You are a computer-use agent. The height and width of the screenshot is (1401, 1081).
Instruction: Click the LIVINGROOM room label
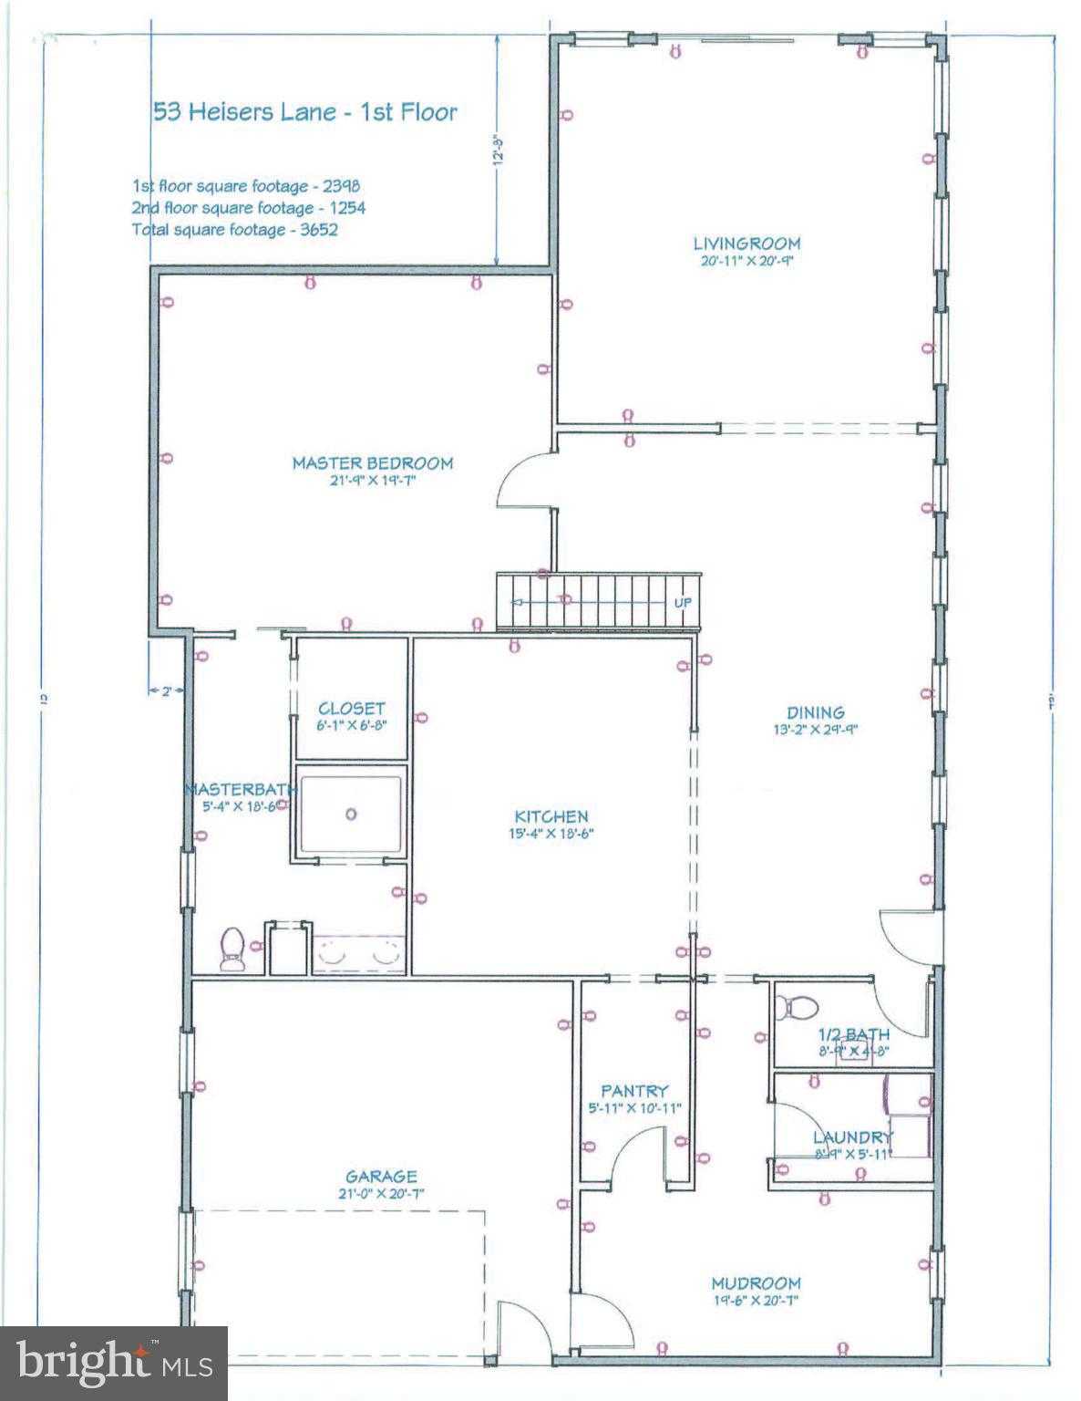746,244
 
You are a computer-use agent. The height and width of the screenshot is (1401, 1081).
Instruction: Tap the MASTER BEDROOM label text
372,463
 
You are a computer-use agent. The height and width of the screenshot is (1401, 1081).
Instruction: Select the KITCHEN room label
551,816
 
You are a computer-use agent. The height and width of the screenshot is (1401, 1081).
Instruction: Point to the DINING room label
816,712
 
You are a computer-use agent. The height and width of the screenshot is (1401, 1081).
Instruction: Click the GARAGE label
381,1177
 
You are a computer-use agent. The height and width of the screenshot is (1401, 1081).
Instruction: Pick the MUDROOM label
756,1283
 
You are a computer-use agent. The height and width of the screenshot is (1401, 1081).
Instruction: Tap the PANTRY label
634,1091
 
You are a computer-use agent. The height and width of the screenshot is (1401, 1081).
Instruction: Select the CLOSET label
351,709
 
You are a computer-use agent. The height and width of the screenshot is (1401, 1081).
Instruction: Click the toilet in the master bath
232,949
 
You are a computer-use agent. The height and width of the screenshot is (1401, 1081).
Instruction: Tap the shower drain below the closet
351,815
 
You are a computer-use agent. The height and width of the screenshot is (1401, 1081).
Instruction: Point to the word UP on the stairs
682,603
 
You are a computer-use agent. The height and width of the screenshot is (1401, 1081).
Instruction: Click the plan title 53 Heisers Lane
304,112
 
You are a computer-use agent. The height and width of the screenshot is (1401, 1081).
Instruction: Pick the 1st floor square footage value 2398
335,186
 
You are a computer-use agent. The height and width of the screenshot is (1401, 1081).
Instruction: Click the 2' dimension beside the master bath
166,691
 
